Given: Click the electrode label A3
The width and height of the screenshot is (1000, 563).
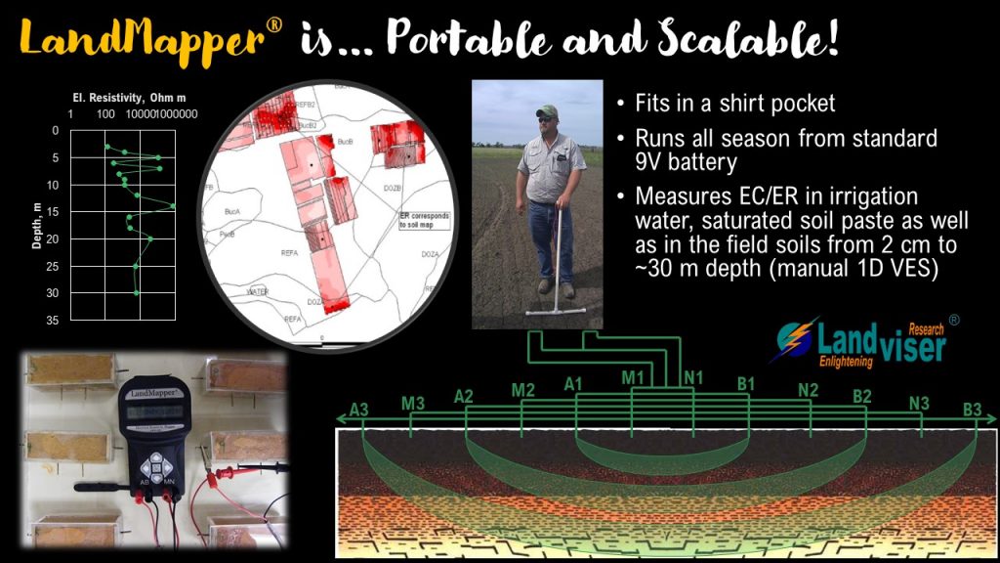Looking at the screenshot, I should click(358, 410).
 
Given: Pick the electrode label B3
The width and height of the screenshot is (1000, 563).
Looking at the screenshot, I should click(973, 410).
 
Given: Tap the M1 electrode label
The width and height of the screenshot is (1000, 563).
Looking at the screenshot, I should click(633, 377).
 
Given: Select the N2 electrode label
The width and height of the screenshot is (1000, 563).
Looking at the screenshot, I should click(808, 389).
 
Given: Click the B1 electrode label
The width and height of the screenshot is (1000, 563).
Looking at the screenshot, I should click(747, 383).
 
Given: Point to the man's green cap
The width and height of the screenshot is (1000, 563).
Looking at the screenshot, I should click(547, 111).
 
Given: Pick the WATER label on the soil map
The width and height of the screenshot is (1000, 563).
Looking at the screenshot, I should click(258, 291).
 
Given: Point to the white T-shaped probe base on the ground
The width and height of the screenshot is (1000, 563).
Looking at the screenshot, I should click(555, 312).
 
